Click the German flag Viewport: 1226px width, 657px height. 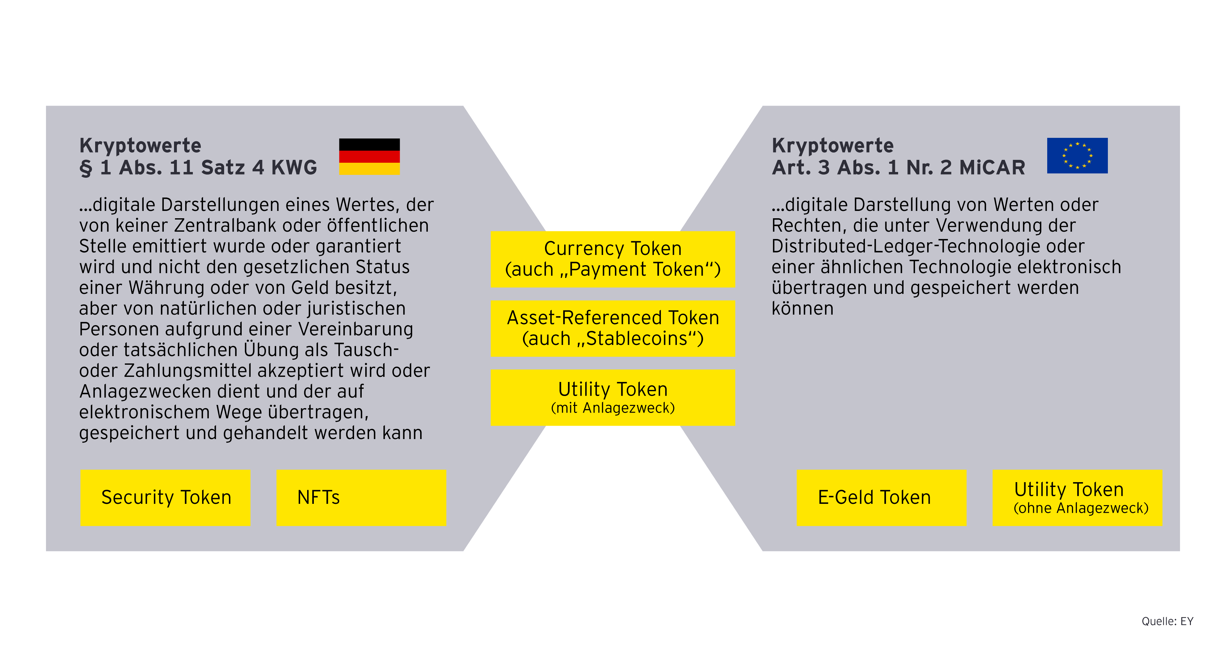[x=369, y=157]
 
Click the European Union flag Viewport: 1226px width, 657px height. [x=1077, y=156]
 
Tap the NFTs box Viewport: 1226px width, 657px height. [x=361, y=498]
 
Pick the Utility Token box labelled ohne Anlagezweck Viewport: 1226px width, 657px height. [x=1077, y=498]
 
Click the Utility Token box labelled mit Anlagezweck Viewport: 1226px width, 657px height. [x=613, y=398]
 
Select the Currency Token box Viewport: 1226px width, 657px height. [x=613, y=259]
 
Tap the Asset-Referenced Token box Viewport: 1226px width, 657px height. [x=613, y=328]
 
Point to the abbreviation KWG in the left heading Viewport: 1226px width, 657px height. [x=294, y=168]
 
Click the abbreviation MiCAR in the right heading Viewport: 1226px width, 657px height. [x=992, y=168]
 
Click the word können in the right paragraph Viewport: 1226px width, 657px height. [x=802, y=309]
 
